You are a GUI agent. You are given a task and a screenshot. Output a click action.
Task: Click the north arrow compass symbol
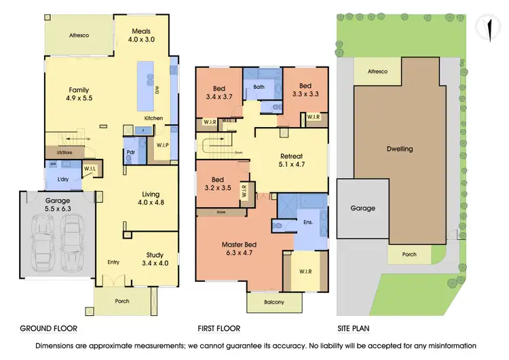point(489,28)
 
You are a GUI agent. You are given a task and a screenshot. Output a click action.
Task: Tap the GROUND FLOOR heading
point(48,328)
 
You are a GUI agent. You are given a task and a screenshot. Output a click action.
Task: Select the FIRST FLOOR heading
point(218,328)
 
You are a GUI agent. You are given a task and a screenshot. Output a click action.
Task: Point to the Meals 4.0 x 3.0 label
point(142,35)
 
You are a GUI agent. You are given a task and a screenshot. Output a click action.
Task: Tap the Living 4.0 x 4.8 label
point(151,198)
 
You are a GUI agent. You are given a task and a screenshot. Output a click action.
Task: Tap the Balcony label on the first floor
point(274,302)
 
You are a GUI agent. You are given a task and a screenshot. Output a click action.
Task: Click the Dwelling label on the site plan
point(399,149)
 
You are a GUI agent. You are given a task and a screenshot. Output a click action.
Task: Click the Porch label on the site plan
point(409,254)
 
